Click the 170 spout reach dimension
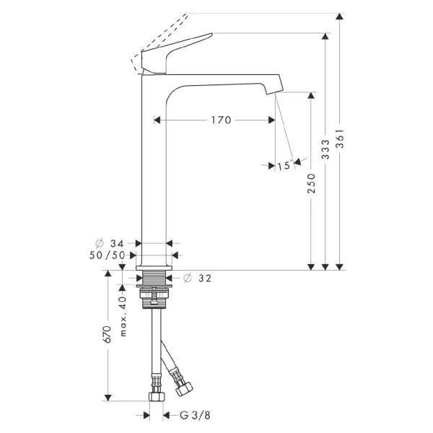(x=221, y=120)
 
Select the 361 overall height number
(x=341, y=138)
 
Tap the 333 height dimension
(x=326, y=149)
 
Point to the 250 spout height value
(x=311, y=183)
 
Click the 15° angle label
(x=285, y=165)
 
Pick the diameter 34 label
(x=110, y=244)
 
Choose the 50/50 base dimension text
(x=107, y=255)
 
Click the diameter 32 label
(x=197, y=278)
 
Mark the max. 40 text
(x=123, y=317)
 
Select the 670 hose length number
(x=107, y=334)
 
